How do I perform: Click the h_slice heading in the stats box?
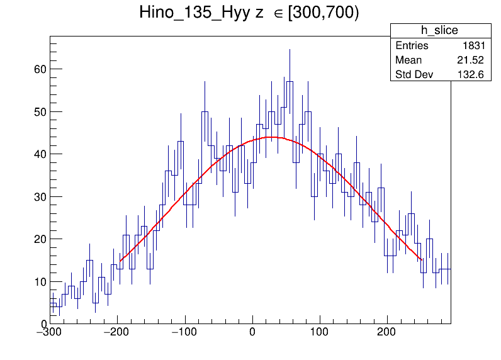(440, 31)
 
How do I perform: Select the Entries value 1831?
(473, 46)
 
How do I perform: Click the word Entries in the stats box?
(412, 46)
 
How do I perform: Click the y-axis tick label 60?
(40, 69)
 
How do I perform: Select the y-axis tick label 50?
(40, 111)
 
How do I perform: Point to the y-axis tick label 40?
(40, 154)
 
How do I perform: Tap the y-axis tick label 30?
(40, 196)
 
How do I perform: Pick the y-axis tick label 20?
(40, 239)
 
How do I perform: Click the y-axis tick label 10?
(40, 281)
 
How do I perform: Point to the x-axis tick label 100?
(320, 332)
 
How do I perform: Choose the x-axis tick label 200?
(386, 332)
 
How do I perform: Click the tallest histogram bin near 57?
(290, 82)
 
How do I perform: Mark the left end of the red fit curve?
(120, 261)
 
